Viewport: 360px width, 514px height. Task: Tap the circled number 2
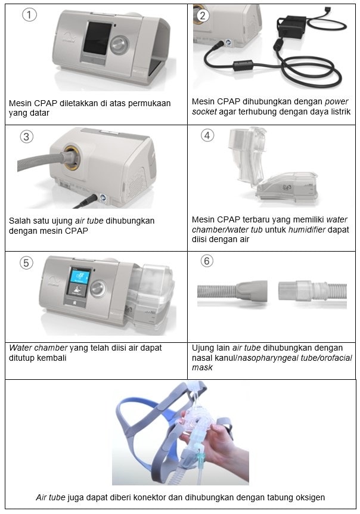click(203, 16)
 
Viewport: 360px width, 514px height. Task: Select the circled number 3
click(26, 137)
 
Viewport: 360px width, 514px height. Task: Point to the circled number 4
click(207, 135)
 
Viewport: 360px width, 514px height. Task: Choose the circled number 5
click(26, 263)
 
